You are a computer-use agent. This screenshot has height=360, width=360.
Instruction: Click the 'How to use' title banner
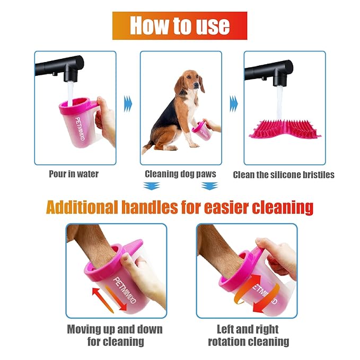(x=180, y=25)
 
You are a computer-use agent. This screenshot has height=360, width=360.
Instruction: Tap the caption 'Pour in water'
(x=74, y=174)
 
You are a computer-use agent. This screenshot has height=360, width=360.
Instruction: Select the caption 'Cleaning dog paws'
(x=180, y=174)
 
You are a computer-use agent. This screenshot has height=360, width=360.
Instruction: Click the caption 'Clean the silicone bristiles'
(x=284, y=175)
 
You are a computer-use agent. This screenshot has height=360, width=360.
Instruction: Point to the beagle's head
(x=191, y=81)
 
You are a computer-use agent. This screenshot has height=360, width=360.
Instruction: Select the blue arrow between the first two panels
(x=128, y=104)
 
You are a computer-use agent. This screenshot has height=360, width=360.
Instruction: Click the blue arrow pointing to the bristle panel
(x=234, y=104)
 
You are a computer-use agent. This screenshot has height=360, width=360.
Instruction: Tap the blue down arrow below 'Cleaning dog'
(x=152, y=186)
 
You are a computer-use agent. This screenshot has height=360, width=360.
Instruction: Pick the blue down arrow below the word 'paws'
(x=209, y=186)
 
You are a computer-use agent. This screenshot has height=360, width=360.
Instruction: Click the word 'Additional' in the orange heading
(x=82, y=207)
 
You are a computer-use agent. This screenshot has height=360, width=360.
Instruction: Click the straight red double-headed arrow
(x=110, y=300)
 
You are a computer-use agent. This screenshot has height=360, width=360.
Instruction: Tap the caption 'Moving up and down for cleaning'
(x=115, y=336)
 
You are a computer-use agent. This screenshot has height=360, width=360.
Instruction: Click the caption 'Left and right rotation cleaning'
(x=249, y=336)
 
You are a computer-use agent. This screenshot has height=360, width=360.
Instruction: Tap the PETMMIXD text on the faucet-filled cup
(x=80, y=129)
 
